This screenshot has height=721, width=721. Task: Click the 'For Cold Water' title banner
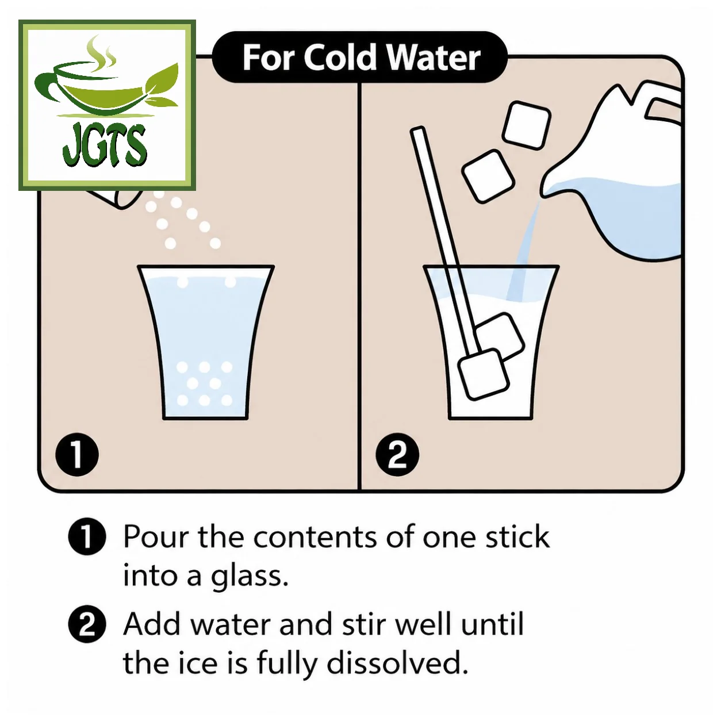pyautogui.click(x=359, y=57)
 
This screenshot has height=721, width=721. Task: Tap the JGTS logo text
pyautogui.click(x=105, y=145)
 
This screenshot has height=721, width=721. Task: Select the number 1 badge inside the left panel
pyautogui.click(x=77, y=454)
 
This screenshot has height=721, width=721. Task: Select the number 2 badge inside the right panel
pyautogui.click(x=397, y=454)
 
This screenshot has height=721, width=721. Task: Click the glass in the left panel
pyautogui.click(x=206, y=342)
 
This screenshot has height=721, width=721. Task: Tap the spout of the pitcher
pyautogui.click(x=550, y=186)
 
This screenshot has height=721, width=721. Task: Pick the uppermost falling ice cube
pyautogui.click(x=527, y=125)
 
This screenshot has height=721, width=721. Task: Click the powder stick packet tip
pyautogui.click(x=116, y=198)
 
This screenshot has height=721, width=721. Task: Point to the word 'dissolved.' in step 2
pyautogui.click(x=397, y=663)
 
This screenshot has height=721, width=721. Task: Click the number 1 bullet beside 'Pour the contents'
pyautogui.click(x=87, y=536)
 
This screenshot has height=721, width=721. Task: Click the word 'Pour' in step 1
pyautogui.click(x=157, y=537)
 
